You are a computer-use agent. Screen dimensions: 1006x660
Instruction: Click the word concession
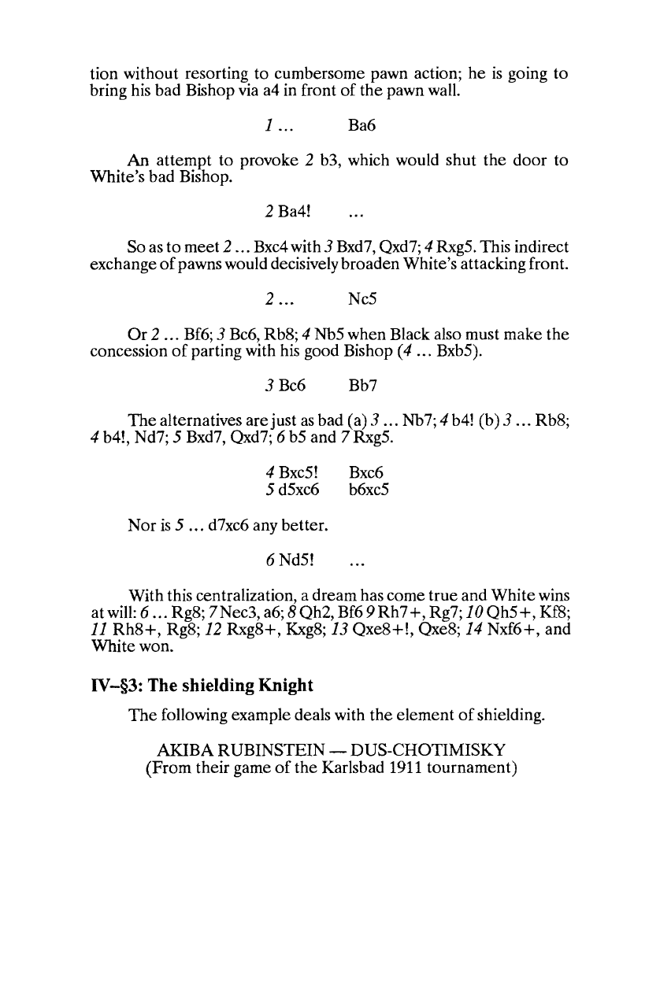click(128, 354)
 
